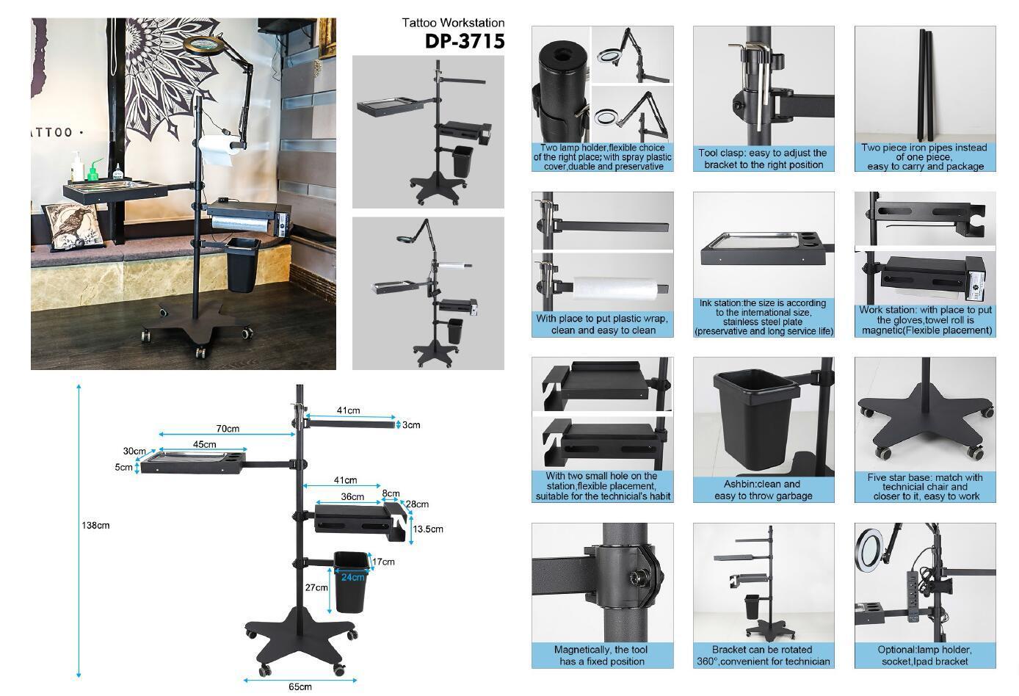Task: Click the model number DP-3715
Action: tap(465, 42)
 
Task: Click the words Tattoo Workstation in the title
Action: tap(453, 23)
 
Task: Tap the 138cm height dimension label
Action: tap(96, 525)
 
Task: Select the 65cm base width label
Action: tap(300, 687)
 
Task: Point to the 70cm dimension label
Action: tap(228, 429)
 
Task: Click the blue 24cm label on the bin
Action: tap(352, 577)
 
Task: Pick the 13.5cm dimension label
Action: tap(428, 529)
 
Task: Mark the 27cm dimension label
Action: tap(316, 588)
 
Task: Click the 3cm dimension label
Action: tap(411, 425)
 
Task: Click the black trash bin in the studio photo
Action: tap(242, 264)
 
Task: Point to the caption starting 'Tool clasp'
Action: tap(764, 159)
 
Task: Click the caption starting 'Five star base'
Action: tap(924, 487)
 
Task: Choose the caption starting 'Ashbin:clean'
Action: tap(764, 490)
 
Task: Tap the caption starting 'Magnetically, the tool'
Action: tap(602, 656)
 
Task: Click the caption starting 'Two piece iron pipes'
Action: tap(924, 157)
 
